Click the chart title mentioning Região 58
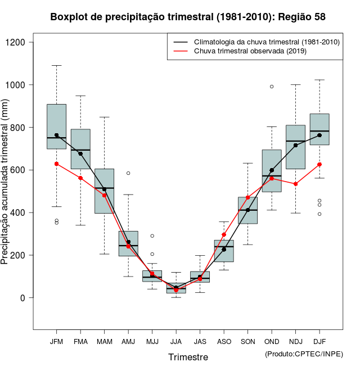coord(187,17)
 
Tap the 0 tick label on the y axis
coord(22,298)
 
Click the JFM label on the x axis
coord(56,342)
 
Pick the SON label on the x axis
coord(247,342)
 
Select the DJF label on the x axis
coord(319,342)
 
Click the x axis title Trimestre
coord(188,357)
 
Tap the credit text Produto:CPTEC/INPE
coord(304,354)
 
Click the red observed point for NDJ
coord(295,184)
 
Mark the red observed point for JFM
coord(56,164)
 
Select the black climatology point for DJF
coord(319,135)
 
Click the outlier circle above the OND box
coord(272,87)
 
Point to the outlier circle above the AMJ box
coord(128,173)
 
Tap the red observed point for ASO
coord(224,234)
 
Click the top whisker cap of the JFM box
coord(56,65)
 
